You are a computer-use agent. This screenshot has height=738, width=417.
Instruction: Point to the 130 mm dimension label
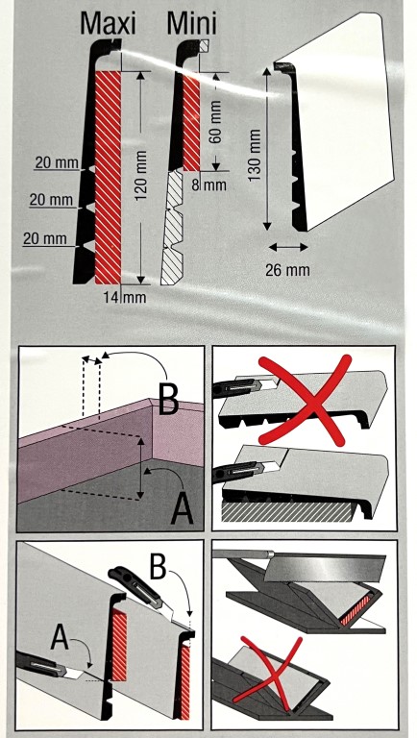[x=255, y=155]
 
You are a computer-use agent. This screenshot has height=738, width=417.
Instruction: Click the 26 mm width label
[x=287, y=270]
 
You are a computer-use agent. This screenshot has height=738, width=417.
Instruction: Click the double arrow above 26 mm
[x=288, y=247]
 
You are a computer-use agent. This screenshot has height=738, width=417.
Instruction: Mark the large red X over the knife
[x=306, y=400]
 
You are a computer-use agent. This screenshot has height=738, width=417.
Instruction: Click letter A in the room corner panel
[x=183, y=509]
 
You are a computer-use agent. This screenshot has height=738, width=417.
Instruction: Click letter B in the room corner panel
[x=168, y=400]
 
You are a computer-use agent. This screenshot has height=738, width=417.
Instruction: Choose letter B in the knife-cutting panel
[x=159, y=568]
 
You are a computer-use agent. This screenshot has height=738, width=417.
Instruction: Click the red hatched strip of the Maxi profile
[x=109, y=178]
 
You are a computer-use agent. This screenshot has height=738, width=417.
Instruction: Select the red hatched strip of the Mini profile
[x=191, y=122]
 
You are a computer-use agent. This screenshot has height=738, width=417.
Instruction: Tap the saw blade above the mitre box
[x=325, y=567]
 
